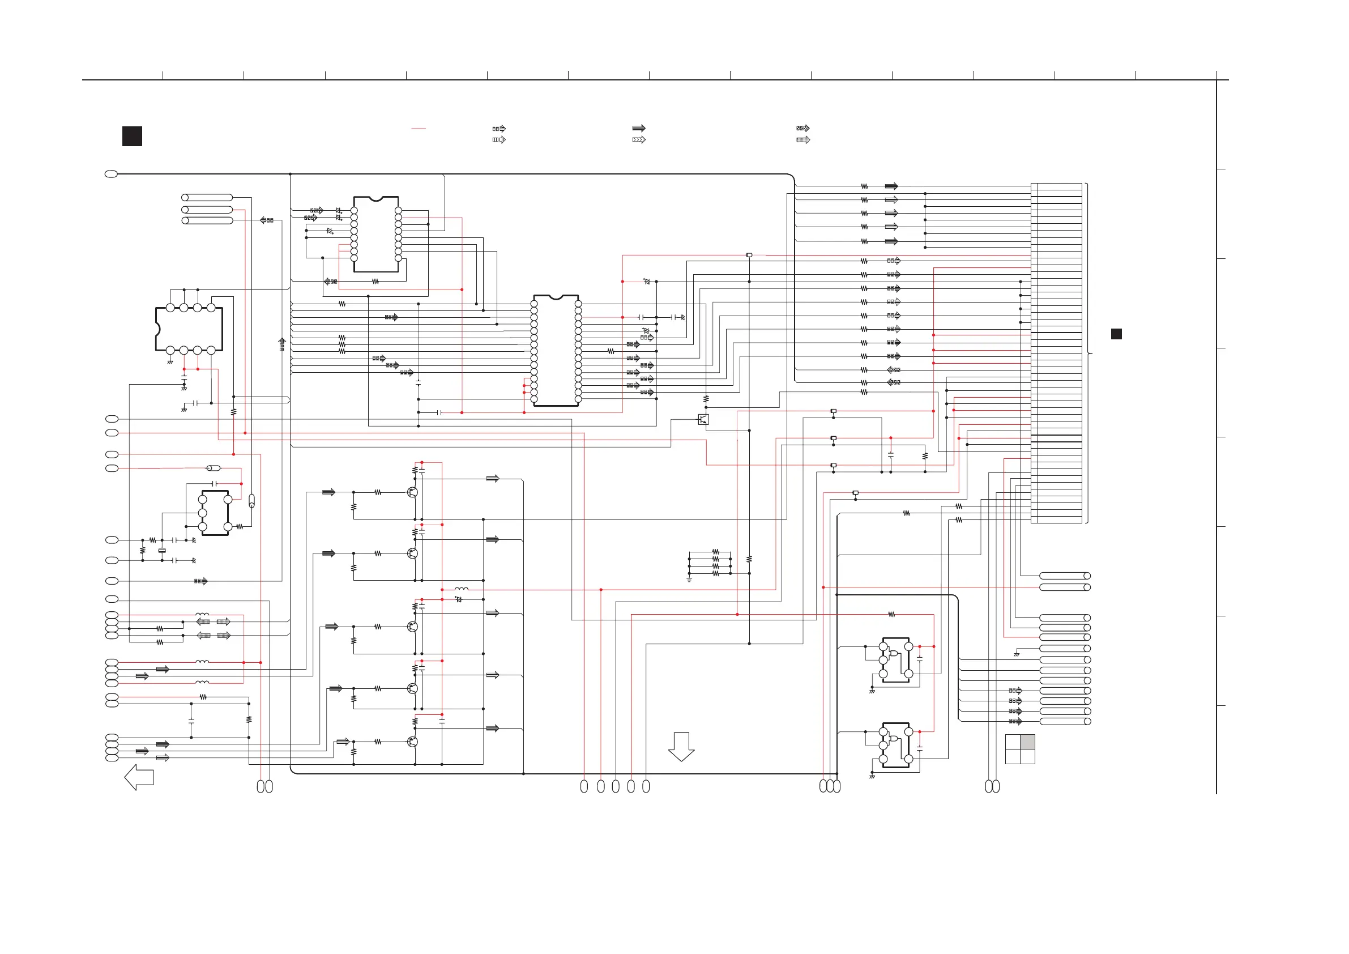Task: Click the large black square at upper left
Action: click(132, 137)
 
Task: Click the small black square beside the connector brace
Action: click(1116, 334)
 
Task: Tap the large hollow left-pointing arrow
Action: click(139, 777)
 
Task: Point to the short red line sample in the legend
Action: click(419, 128)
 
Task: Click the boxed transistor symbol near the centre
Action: click(703, 419)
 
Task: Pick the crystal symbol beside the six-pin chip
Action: click(162, 550)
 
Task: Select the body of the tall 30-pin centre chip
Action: click(556, 351)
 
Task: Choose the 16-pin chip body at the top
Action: click(376, 235)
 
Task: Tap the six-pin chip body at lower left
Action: click(215, 513)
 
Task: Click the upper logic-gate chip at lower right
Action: click(896, 660)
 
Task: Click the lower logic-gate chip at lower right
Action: click(896, 746)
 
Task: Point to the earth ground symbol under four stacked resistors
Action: click(689, 580)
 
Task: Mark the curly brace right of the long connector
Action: click(1087, 354)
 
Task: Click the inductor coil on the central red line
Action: click(462, 589)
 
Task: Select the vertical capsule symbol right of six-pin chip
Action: click(252, 501)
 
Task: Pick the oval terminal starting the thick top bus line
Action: click(111, 174)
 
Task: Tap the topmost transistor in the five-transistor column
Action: click(412, 492)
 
